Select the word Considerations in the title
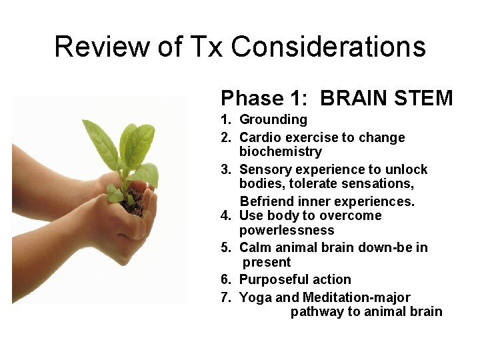tap(329, 47)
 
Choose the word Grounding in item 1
tap(273, 120)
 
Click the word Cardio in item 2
tap(260, 138)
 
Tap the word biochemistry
tap(280, 152)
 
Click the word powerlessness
tap(287, 230)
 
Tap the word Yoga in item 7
tap(254, 298)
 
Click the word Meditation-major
tap(356, 297)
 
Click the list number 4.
tap(225, 216)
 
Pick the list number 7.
tap(225, 298)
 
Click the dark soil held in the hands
tap(134, 204)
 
